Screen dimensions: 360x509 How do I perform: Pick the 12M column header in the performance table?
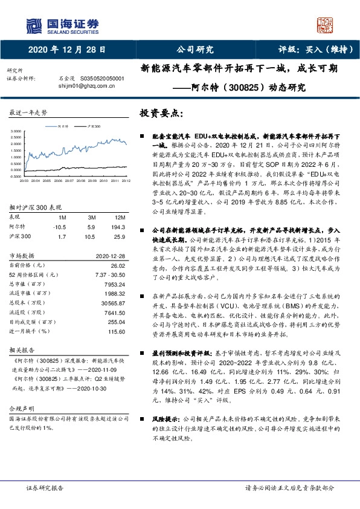(120, 217)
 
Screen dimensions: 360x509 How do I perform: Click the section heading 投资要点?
(161, 113)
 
